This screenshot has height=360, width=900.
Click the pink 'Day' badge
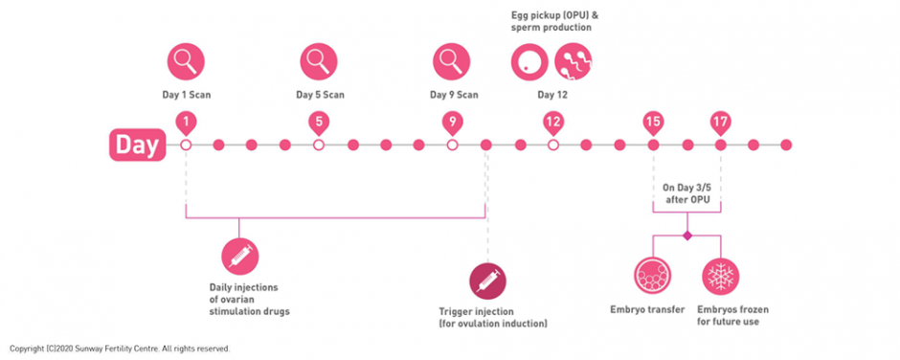click(137, 145)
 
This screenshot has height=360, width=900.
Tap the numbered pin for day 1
click(186, 122)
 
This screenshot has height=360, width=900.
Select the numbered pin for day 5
click(319, 122)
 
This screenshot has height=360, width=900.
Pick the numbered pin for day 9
click(453, 122)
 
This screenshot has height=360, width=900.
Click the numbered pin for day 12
click(552, 122)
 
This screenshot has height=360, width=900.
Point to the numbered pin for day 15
click(653, 122)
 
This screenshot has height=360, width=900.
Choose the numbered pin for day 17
click(720, 122)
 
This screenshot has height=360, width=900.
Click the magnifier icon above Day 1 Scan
click(186, 62)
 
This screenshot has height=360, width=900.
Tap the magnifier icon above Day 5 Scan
click(319, 62)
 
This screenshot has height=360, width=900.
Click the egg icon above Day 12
click(529, 62)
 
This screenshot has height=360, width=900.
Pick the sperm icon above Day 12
click(574, 62)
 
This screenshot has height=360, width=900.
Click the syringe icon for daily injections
click(239, 256)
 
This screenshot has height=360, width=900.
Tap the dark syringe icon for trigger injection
click(487, 281)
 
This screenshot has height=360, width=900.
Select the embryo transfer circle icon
click(653, 276)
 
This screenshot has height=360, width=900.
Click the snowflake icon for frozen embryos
click(720, 276)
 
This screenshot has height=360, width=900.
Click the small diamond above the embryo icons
click(686, 235)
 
